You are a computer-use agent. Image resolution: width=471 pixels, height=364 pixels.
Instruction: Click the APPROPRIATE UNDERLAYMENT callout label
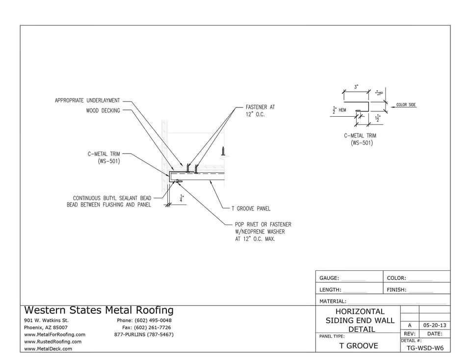(87, 101)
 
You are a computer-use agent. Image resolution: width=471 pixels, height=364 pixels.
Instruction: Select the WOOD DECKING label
(103, 111)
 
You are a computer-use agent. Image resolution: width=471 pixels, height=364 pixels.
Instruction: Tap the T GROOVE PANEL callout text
(251, 208)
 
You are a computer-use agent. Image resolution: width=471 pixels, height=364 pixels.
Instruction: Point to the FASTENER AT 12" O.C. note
(263, 110)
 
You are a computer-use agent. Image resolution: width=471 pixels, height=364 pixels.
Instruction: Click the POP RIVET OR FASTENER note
(262, 232)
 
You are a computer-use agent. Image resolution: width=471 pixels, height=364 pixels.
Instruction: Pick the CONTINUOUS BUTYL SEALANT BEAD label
(109, 201)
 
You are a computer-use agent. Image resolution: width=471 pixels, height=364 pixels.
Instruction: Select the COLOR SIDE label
(406, 105)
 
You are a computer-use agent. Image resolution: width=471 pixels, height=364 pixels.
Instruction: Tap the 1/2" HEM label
(340, 110)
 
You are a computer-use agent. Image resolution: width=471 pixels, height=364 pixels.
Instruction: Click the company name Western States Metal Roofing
(99, 310)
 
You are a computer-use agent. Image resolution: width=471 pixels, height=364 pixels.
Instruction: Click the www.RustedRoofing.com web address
(52, 341)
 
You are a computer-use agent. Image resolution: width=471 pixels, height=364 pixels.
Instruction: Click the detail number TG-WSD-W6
(425, 348)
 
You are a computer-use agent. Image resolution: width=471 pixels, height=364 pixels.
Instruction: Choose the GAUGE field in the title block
(329, 278)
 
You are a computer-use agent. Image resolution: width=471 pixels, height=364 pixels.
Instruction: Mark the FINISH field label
(396, 290)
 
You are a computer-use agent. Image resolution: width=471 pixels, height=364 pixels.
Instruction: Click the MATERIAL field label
(333, 301)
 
